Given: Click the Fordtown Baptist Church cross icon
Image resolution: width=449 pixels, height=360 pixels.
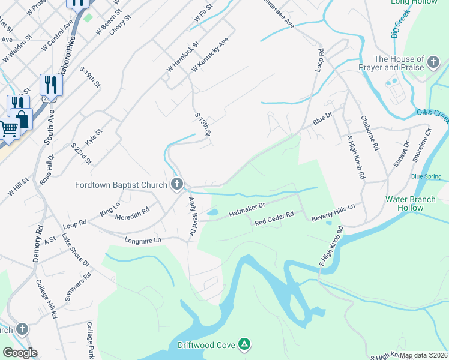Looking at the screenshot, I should tap(176, 184).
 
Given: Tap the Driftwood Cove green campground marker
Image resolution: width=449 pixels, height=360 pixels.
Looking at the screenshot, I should tap(244, 344).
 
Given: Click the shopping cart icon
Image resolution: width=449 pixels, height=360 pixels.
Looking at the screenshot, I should tap(8, 128).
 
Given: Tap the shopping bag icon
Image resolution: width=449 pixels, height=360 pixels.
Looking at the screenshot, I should tap(21, 118).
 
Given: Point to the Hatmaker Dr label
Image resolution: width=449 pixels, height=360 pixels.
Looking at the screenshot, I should tap(248, 209).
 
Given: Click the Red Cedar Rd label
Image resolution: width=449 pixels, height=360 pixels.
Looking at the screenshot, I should tap(274, 218).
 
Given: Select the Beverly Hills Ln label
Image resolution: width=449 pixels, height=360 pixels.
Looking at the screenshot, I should tap(333, 213).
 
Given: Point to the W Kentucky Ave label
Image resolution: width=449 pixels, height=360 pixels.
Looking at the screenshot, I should tap(209, 56).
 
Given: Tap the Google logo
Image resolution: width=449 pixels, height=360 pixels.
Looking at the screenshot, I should tap(20, 353).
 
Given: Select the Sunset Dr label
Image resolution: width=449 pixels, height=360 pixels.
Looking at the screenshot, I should tap(399, 154).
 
